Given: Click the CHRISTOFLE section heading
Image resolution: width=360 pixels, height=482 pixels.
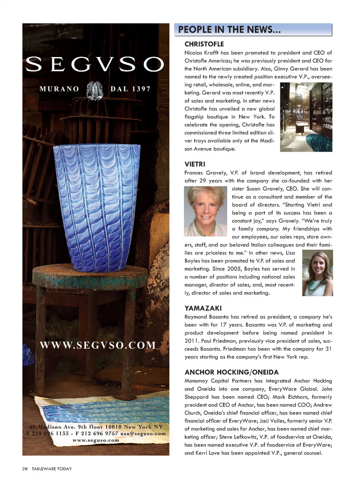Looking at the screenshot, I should (204, 44).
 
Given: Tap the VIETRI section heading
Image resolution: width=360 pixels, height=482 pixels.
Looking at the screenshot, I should (195, 164).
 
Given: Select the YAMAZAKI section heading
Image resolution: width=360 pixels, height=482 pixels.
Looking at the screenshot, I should (203, 308).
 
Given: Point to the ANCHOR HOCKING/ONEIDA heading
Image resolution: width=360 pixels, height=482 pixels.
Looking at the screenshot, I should (231, 372).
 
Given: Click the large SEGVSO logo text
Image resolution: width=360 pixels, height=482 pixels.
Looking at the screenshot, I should (94, 64).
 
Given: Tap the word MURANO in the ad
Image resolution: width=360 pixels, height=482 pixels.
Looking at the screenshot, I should (59, 89).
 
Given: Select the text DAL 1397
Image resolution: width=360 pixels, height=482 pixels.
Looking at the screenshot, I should (130, 89).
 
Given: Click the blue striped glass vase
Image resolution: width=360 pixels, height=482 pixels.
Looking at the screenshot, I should (96, 206).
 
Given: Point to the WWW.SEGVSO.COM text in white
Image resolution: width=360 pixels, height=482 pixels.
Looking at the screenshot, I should (97, 345).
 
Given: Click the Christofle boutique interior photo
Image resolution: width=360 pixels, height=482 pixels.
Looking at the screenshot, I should (306, 117).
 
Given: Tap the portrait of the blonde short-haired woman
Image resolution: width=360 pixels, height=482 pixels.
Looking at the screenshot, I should (205, 211).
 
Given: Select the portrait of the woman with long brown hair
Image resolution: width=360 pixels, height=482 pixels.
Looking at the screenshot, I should (317, 273).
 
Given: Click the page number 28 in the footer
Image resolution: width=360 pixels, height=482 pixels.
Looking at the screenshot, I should (25, 469).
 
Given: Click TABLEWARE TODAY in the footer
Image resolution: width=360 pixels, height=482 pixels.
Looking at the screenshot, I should (51, 469).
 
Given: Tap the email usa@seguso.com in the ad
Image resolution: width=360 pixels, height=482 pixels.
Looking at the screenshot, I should (143, 434).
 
